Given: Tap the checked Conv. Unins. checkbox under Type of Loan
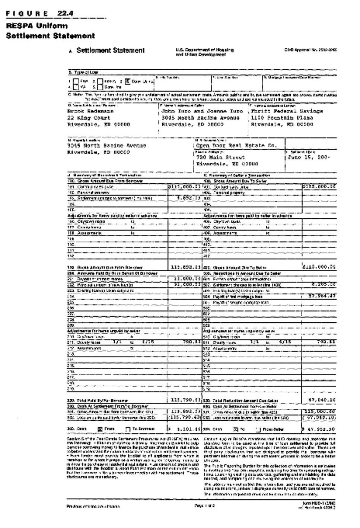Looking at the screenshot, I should click(127, 81).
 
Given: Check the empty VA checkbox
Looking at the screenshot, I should click(76, 87).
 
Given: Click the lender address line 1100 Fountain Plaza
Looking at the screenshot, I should click(282, 118).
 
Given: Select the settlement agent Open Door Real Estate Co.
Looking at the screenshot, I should click(236, 146).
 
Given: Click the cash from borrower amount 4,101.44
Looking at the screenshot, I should click(187, 429).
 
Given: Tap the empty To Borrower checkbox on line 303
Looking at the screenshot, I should click(128, 429).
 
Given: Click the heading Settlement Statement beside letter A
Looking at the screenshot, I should click(111, 50).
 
